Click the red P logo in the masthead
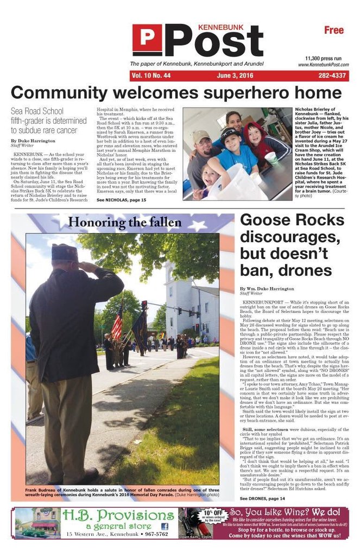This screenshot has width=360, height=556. (x=147, y=40)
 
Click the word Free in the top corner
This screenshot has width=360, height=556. (x=334, y=30)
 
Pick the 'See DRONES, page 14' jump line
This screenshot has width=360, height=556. (x=262, y=498)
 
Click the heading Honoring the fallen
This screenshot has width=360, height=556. (x=124, y=222)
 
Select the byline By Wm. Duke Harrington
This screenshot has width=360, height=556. (x=267, y=289)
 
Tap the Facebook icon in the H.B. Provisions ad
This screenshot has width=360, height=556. (x=165, y=526)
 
